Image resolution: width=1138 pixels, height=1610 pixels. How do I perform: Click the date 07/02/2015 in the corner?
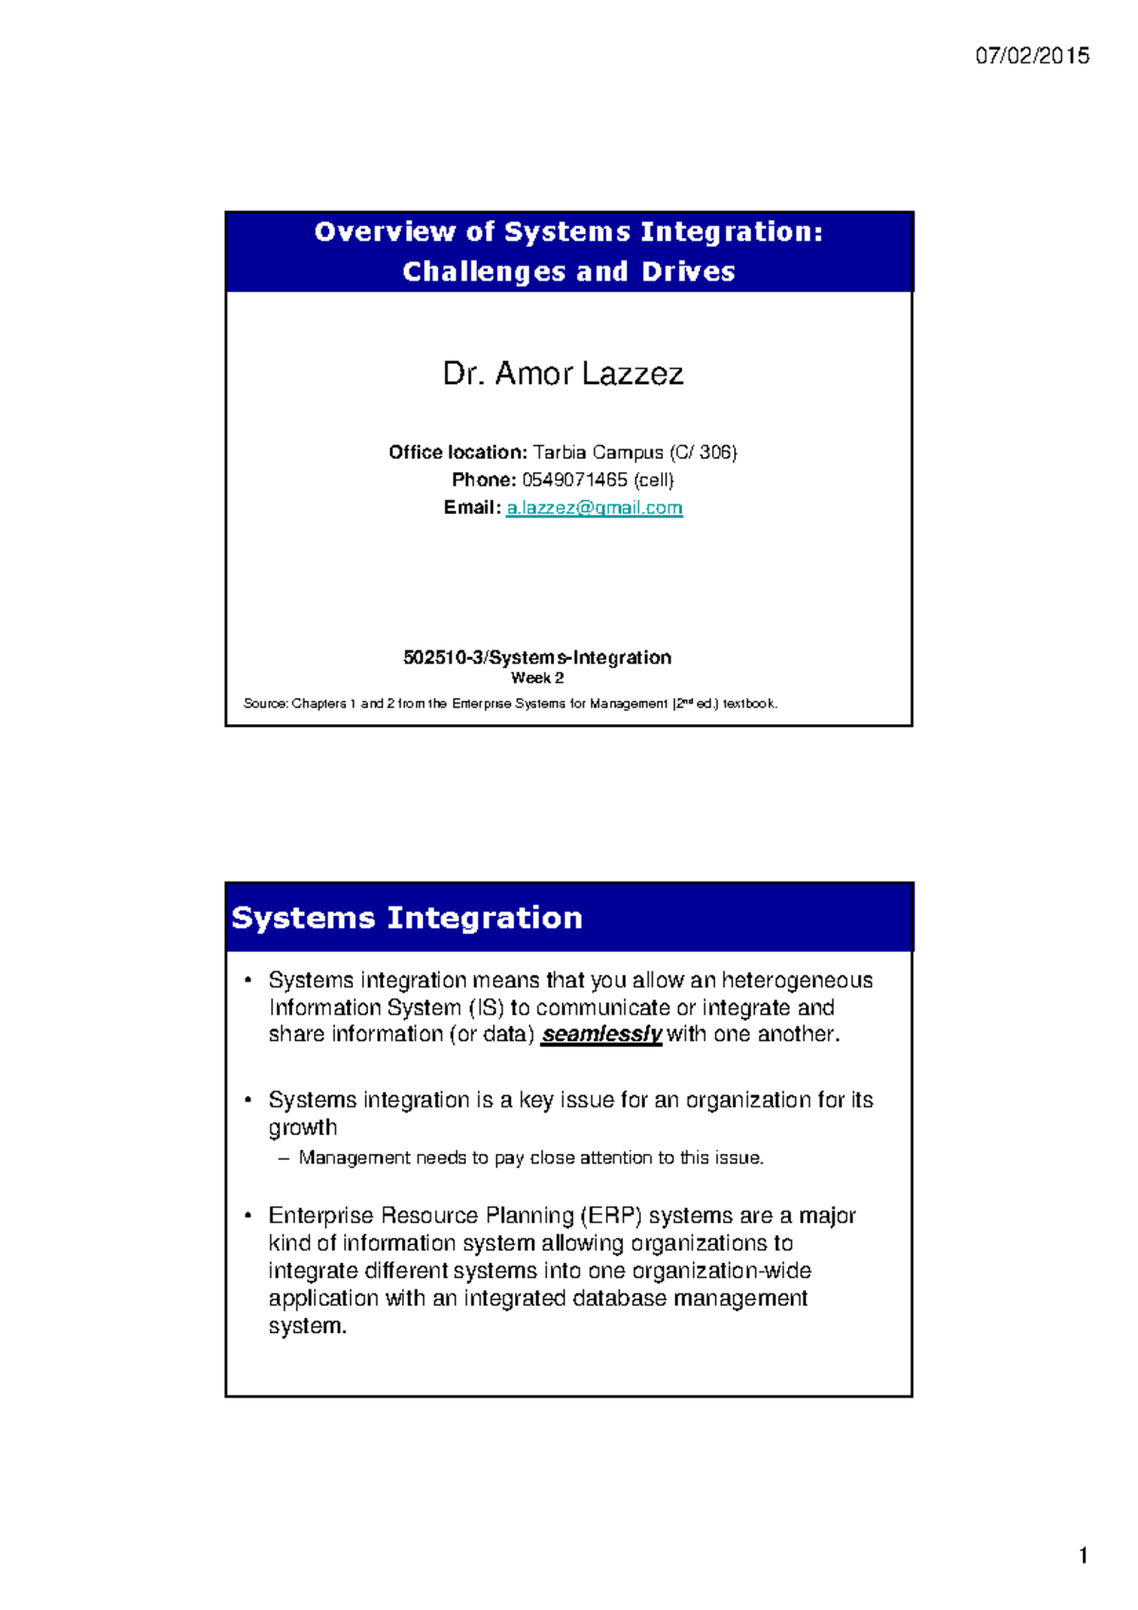[x=1032, y=56]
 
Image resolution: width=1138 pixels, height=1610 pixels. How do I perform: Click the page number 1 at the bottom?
[x=1083, y=1555]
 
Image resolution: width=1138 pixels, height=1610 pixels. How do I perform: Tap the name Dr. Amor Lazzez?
[x=562, y=374]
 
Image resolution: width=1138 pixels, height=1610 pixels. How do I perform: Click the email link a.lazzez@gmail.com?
[x=594, y=508]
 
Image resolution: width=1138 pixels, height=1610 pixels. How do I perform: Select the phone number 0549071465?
[x=575, y=480]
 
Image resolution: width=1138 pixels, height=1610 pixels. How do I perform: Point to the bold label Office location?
[x=457, y=452]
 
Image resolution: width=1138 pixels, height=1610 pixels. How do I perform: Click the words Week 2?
[x=537, y=678]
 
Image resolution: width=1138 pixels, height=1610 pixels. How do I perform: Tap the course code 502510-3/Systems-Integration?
[x=537, y=657]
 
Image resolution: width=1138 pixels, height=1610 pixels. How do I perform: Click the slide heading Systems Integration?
[x=407, y=918]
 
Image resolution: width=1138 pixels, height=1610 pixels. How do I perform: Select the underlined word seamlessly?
[x=601, y=1034]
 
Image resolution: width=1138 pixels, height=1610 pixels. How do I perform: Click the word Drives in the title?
[x=688, y=272]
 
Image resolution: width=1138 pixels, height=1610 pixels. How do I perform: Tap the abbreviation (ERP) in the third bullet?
[x=612, y=1216]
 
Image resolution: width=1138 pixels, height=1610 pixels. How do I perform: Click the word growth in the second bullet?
[x=303, y=1127]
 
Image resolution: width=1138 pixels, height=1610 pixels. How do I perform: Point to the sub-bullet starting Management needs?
[x=530, y=1158]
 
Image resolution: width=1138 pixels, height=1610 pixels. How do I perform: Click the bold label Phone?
[x=484, y=480]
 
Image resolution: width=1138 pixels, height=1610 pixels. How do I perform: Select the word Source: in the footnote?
[x=266, y=704]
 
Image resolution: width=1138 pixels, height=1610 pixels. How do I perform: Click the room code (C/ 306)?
[x=703, y=452]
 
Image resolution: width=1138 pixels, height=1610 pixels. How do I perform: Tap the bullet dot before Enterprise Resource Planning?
[x=248, y=1216]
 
